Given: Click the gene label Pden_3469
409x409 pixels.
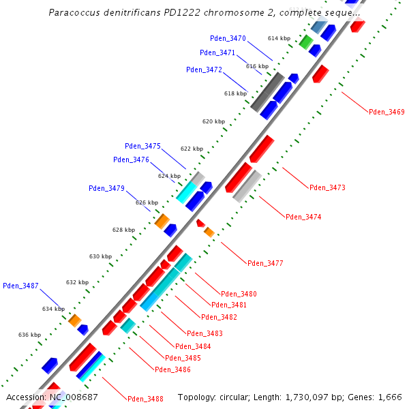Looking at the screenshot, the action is point(387,112).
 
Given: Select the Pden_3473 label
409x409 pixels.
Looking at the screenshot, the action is point(327,187).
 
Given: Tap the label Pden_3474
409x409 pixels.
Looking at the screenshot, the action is point(303,217).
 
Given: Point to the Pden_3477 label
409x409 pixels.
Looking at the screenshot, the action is point(265,263).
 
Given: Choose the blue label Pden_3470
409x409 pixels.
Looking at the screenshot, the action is point(228,39).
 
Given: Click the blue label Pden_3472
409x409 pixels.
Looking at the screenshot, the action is point(204,70).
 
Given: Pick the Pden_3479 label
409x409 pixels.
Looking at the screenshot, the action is point(106,188).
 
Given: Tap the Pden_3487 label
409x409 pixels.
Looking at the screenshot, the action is point(20,286).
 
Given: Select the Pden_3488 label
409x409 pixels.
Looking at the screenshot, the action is point(145,399).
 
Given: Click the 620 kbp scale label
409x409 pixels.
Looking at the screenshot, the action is point(213,121).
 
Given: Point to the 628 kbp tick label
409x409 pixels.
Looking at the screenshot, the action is point(123,230).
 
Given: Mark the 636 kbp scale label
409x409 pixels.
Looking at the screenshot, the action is point(29,335).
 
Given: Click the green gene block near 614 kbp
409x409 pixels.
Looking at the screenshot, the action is point(306,43).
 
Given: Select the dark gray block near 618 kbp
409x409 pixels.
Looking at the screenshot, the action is point(267,91).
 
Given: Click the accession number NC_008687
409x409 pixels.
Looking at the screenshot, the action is point(73,397).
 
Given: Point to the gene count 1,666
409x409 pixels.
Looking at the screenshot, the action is point(389,397).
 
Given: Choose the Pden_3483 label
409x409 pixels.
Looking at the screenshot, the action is point(204,333).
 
